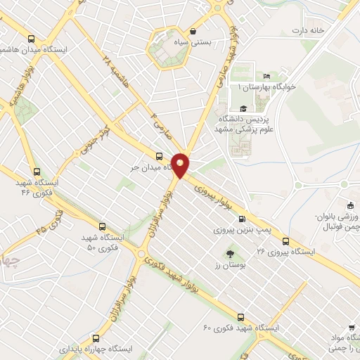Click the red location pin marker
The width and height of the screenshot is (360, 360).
click(181, 165)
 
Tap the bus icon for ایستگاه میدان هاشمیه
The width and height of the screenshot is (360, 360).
click(30, 39)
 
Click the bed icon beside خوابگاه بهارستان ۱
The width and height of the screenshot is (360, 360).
click(266, 77)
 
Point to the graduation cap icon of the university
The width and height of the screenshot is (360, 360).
click(243, 108)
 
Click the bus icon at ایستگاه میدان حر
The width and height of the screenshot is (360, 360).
click(158, 157)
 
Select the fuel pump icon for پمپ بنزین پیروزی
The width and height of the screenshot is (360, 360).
click(243, 219)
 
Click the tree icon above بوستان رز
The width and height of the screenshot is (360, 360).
click(231, 252)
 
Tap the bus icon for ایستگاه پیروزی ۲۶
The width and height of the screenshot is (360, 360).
click(285, 241)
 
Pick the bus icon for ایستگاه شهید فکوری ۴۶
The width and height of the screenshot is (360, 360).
click(37, 171)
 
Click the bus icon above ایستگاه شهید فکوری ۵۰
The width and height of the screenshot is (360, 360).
click(102, 227)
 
